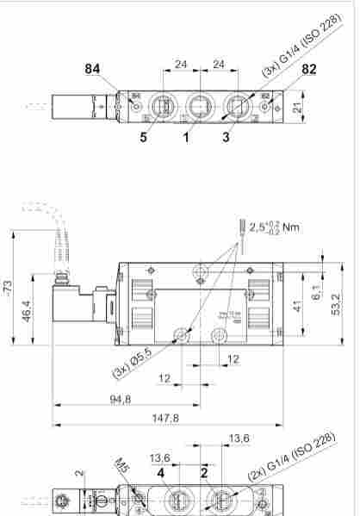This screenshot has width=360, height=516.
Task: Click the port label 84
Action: click(93, 69)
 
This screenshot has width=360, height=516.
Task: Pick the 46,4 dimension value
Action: click(28, 309)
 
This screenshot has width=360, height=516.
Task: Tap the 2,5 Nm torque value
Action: click(276, 228)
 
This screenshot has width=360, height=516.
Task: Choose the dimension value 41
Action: click(299, 307)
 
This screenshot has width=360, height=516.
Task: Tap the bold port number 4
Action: click(161, 472)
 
